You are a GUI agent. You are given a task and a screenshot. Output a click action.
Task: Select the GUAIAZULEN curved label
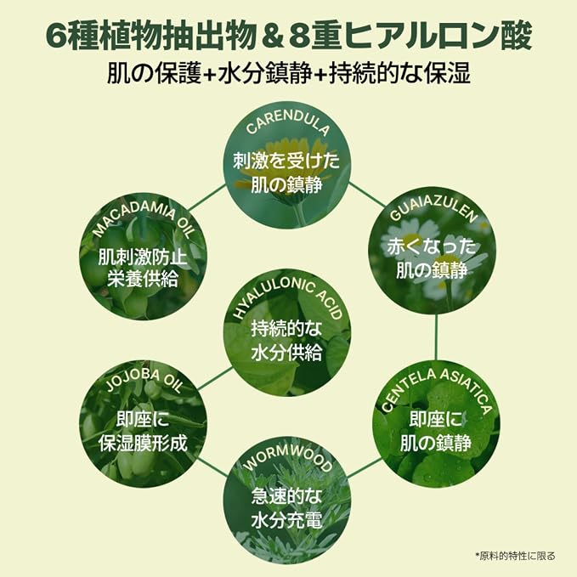(433, 209)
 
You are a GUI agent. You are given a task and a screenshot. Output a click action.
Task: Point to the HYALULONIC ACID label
(288, 297)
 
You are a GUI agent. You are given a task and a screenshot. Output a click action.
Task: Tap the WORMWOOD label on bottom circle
(287, 460)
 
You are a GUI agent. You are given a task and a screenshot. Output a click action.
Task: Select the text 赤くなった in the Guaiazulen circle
(432, 246)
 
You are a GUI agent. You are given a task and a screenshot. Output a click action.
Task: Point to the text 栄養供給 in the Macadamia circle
(143, 279)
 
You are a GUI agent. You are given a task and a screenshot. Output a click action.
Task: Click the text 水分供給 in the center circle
(286, 353)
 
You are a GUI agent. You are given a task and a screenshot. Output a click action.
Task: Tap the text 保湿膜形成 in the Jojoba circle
(143, 443)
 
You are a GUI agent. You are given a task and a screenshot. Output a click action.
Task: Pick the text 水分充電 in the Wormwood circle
(286, 520)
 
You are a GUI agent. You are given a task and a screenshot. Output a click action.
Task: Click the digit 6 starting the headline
(57, 37)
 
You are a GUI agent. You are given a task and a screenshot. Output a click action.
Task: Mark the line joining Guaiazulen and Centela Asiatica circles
(436, 337)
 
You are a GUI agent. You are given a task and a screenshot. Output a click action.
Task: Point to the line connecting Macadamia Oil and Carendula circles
(206, 198)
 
